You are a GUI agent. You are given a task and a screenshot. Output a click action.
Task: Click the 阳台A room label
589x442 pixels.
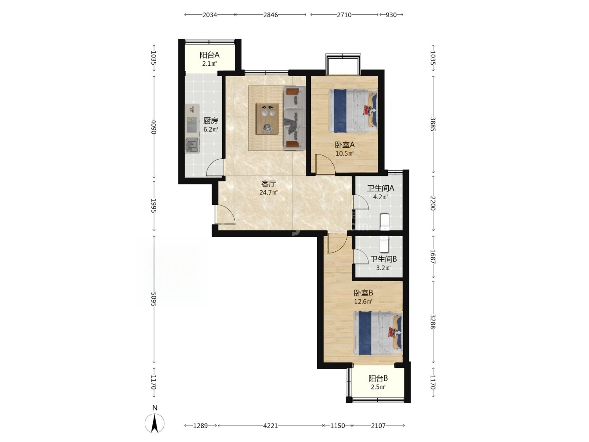pyautogui.click(x=209, y=55)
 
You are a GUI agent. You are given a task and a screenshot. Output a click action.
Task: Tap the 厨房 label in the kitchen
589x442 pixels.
pyautogui.click(x=210, y=121)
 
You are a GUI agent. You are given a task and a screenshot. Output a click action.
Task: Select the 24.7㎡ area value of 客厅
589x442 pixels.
pyautogui.click(x=268, y=192)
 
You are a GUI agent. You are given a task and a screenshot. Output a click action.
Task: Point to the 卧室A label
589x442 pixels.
pyautogui.click(x=345, y=145)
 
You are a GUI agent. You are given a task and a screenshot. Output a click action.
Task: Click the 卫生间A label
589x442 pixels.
pyautogui.click(x=380, y=188)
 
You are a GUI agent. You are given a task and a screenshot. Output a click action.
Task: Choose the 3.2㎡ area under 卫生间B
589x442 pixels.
pyautogui.click(x=383, y=268)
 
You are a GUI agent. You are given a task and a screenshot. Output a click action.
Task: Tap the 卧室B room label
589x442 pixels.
pyautogui.click(x=363, y=293)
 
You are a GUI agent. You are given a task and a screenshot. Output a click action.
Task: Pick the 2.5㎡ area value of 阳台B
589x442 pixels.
pyautogui.click(x=378, y=387)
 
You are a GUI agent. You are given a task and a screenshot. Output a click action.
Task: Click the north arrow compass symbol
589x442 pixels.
pyautogui.click(x=154, y=423)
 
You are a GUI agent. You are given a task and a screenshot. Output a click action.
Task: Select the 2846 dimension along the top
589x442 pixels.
pyautogui.click(x=271, y=15)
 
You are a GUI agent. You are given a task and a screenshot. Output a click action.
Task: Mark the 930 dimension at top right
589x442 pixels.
pyautogui.click(x=391, y=15)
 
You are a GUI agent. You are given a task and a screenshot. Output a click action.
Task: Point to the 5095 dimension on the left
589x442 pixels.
pyautogui.click(x=154, y=299)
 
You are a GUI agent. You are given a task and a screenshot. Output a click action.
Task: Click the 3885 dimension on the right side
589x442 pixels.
pyautogui.click(x=432, y=124)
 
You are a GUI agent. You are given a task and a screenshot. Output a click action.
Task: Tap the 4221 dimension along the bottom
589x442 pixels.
pyautogui.click(x=270, y=426)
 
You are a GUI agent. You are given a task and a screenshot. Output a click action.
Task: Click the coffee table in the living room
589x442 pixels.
pyautogui.click(x=267, y=119)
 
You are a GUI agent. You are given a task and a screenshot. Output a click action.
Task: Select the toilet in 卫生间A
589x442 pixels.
pyautogui.click(x=385, y=222)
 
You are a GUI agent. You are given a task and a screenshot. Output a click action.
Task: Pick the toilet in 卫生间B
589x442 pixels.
pyautogui.click(x=384, y=244)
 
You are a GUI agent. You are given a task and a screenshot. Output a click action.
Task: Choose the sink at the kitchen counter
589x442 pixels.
pyautogui.click(x=192, y=145)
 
